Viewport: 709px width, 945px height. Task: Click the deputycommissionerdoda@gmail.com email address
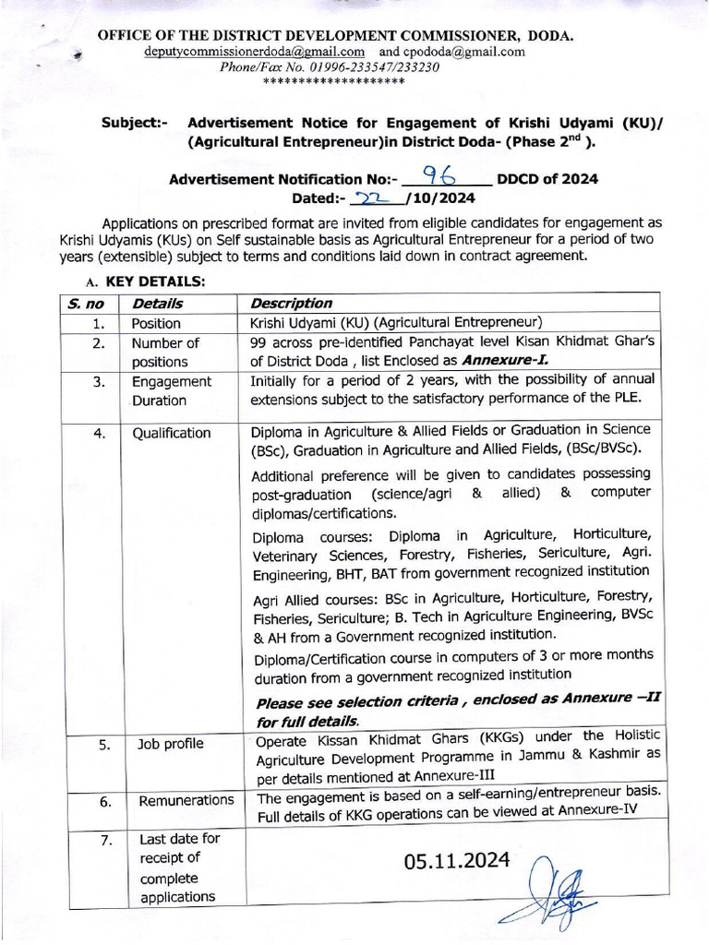click(254, 52)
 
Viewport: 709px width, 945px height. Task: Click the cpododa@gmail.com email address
click(466, 52)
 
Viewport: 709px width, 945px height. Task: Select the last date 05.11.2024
click(457, 860)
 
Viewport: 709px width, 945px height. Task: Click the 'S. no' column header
click(86, 303)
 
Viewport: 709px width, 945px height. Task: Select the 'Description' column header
click(292, 303)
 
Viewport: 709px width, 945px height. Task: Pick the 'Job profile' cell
click(171, 743)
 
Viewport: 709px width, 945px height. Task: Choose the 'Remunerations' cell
click(186, 800)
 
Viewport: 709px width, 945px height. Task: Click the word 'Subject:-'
click(135, 123)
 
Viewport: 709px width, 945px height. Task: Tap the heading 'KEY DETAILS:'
click(155, 281)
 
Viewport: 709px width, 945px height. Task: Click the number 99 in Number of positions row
click(259, 342)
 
